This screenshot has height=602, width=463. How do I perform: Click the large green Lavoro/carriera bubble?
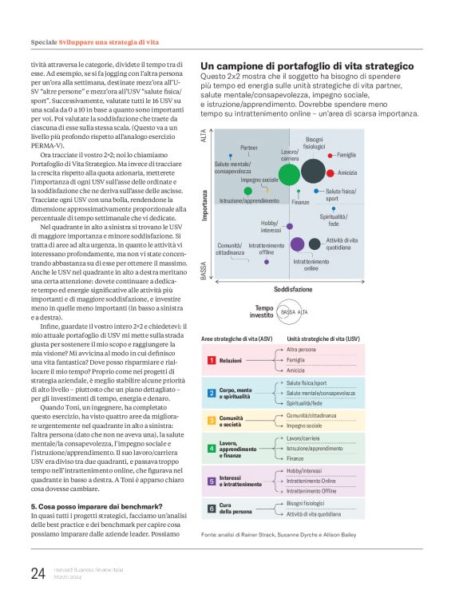pyautogui.click(x=290, y=172)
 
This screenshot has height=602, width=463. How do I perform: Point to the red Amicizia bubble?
pyautogui.click(x=330, y=172)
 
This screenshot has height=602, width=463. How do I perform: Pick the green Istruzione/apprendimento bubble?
pyautogui.click(x=247, y=191)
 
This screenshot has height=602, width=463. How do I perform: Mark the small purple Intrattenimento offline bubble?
pyautogui.click(x=267, y=261)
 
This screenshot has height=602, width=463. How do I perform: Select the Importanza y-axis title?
pyautogui.click(x=204, y=204)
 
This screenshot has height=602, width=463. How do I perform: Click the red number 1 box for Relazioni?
pyautogui.click(x=212, y=361)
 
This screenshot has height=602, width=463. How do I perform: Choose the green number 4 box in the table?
pyautogui.click(x=212, y=449)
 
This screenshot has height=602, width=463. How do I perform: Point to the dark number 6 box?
pyautogui.click(x=212, y=508)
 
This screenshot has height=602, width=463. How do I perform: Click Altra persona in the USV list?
pyautogui.click(x=302, y=350)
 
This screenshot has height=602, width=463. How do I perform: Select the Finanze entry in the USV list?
pyautogui.click(x=297, y=459)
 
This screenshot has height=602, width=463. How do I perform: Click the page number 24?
pyautogui.click(x=38, y=572)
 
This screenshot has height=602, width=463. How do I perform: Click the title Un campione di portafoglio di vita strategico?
pyautogui.click(x=307, y=65)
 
